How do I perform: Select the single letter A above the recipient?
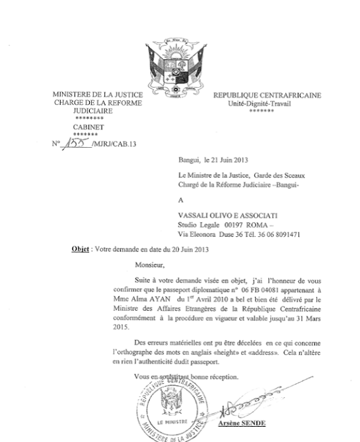180,200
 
